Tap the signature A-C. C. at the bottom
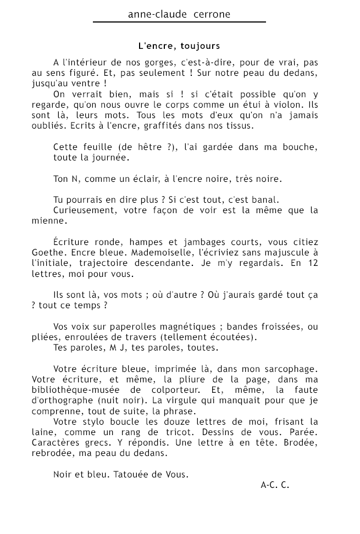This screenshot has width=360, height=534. pyautogui.click(x=275, y=485)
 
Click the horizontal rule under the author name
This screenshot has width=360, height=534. pyautogui.click(x=179, y=22)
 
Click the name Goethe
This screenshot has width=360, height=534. pyautogui.click(x=47, y=253)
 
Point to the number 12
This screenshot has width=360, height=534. pyautogui.click(x=313, y=263)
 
